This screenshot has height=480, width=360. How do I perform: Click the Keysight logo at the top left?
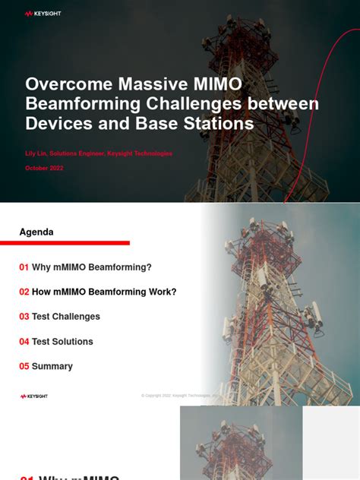(x=43, y=14)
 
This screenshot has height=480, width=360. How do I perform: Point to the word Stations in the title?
(x=221, y=123)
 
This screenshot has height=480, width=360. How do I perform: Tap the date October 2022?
(x=45, y=168)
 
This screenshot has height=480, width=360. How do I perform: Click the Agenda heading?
(x=36, y=232)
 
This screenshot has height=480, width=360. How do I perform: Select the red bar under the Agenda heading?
(x=74, y=243)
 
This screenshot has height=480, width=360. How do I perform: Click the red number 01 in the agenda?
(x=24, y=267)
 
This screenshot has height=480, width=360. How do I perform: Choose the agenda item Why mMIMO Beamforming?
(x=92, y=267)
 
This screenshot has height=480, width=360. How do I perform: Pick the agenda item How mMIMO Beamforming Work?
(x=104, y=292)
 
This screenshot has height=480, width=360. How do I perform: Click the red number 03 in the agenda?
(x=24, y=317)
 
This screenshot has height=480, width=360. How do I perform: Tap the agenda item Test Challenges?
(x=66, y=317)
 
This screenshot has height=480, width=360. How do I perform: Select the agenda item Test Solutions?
(x=62, y=342)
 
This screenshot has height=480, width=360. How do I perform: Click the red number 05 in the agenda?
(x=24, y=366)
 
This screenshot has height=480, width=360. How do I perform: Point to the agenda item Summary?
(x=52, y=366)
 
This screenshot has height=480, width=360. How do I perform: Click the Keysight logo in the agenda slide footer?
(x=34, y=396)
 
